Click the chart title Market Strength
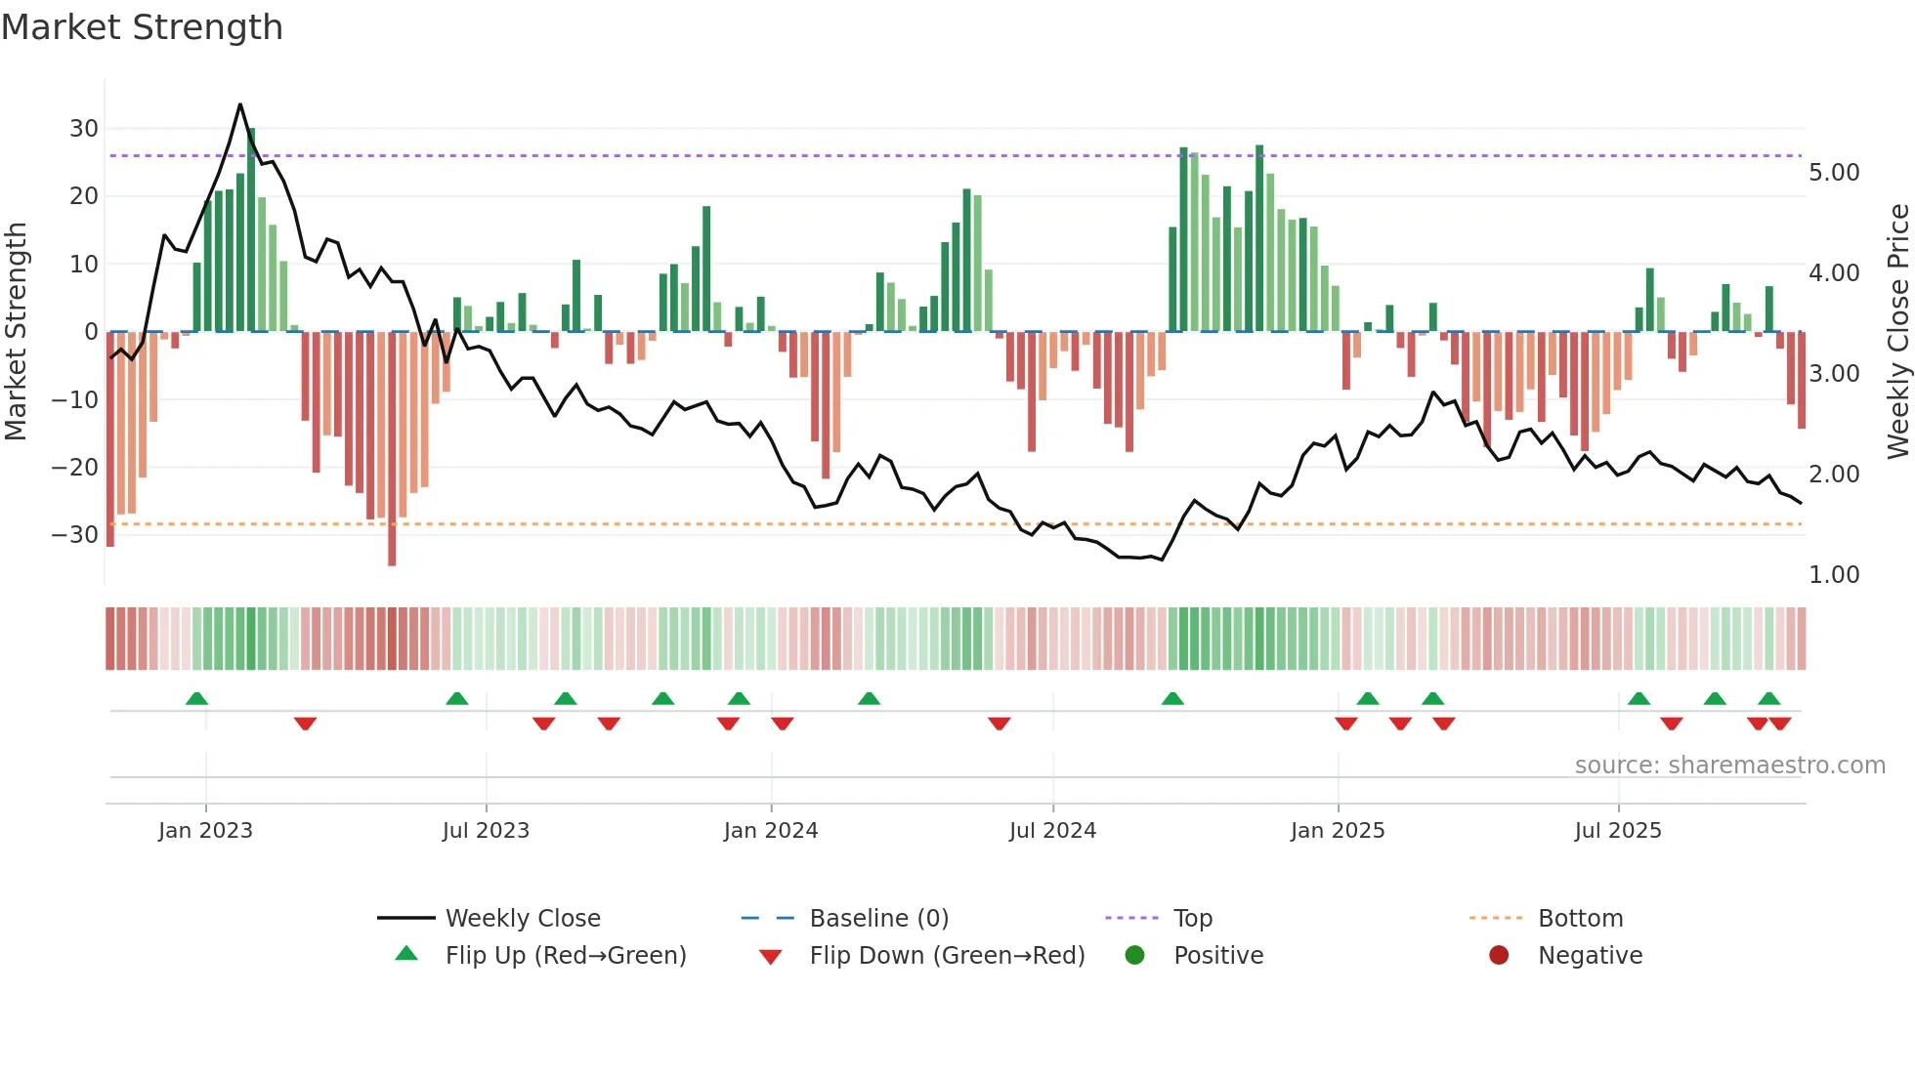(x=142, y=27)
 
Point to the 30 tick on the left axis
(x=84, y=129)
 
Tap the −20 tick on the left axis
(x=74, y=468)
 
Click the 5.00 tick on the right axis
(x=1834, y=173)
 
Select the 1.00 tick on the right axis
(x=1834, y=575)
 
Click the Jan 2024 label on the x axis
(x=770, y=831)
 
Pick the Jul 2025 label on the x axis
(x=1617, y=831)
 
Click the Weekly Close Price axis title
(x=1897, y=331)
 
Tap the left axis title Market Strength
(x=16, y=331)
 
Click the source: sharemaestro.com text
(x=1729, y=766)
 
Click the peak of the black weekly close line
(x=240, y=104)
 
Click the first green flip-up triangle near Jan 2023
(x=196, y=698)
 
